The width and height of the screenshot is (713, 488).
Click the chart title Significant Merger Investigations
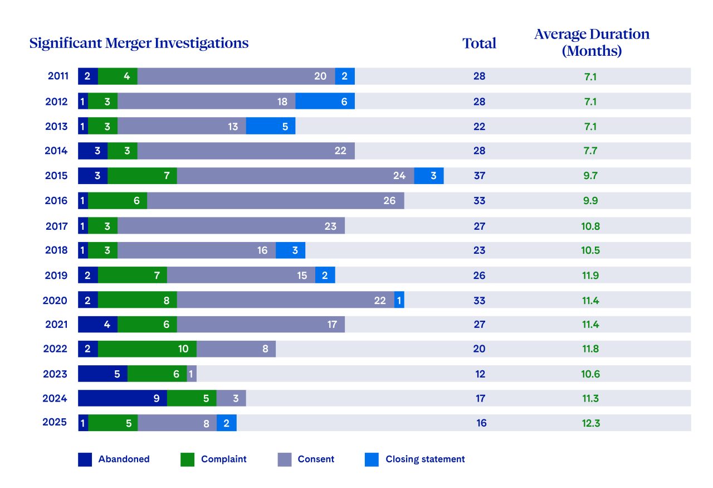[139, 43]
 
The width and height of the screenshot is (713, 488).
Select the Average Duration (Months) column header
[592, 42]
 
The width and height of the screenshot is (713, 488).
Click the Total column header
[479, 43]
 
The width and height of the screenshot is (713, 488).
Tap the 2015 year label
[56, 176]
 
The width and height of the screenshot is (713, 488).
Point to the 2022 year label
[55, 349]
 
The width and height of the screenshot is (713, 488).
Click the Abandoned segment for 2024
[123, 398]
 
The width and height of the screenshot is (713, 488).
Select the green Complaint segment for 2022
[147, 349]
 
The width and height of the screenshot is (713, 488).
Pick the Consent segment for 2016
[275, 201]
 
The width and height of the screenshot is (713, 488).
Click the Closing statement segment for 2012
[325, 102]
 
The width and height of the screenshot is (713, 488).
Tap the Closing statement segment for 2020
[399, 300]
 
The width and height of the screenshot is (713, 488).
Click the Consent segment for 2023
[192, 374]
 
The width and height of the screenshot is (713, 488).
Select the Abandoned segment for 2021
[97, 325]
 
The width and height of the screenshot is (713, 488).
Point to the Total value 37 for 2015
[479, 176]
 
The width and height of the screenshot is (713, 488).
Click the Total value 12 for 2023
[480, 374]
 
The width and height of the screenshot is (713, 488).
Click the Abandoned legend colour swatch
[85, 460]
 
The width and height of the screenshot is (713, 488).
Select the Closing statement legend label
[425, 460]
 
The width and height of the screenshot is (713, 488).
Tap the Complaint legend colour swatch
[188, 460]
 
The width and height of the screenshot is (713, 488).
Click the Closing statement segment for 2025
[226, 423]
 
